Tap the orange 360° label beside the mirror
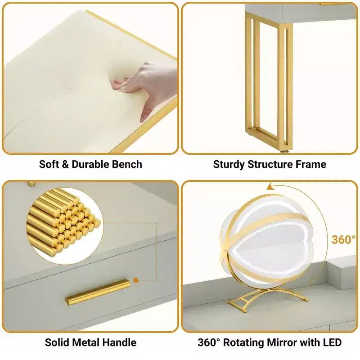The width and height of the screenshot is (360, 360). tap(343, 240)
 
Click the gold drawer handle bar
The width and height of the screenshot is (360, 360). tap(98, 292)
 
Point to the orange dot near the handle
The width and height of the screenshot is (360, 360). tap(136, 280)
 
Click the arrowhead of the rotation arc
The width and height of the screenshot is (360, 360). tap(270, 187)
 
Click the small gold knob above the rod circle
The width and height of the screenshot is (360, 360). tap(31, 184)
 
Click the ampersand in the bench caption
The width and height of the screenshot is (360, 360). tap(65, 164)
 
